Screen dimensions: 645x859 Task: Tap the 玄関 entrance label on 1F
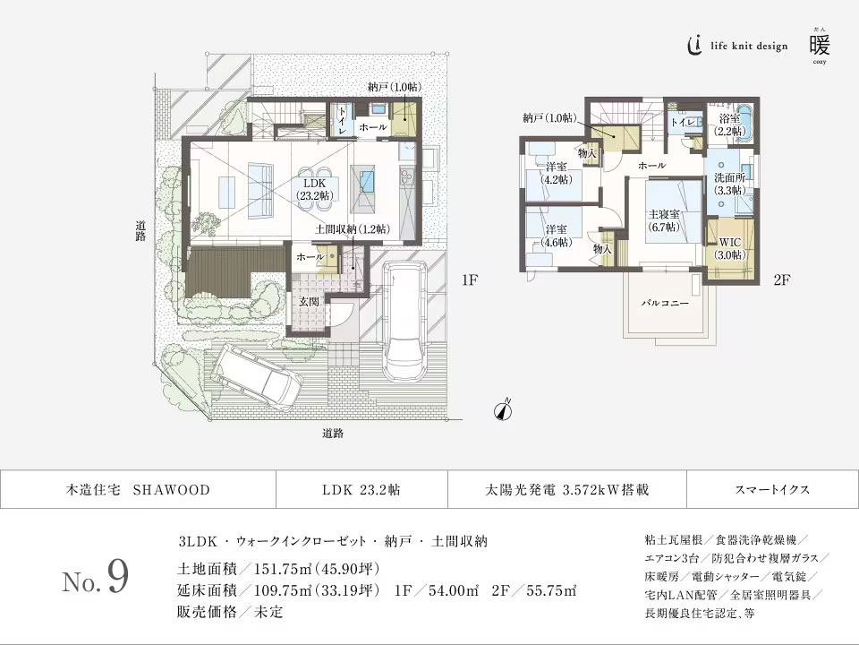point(309,302)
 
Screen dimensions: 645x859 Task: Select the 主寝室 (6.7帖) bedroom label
point(663,220)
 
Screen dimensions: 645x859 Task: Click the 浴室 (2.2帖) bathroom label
point(729,125)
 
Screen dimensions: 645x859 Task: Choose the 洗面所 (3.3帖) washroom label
point(730,184)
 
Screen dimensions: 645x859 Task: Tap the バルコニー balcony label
point(664,304)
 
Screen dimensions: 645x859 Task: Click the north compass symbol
point(503,409)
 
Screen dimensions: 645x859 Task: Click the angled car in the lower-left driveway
point(261,374)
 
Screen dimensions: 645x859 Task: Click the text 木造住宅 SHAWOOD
point(138,490)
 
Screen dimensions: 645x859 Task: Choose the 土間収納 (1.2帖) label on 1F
point(353,230)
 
